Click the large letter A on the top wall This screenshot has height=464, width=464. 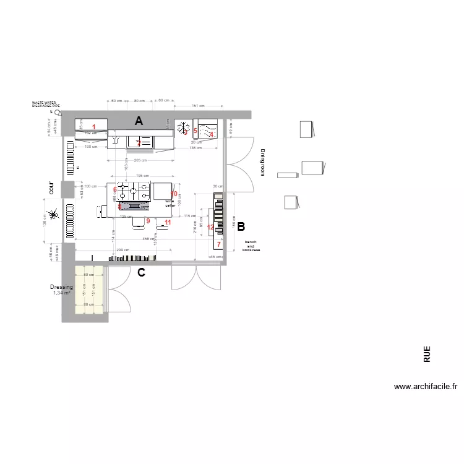tap(139, 122)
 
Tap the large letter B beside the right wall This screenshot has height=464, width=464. tap(241, 226)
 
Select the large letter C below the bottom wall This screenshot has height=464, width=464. tap(141, 272)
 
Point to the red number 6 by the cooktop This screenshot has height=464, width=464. tap(115, 190)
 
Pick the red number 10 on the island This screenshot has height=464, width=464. tap(174, 194)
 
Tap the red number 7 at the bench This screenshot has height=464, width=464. tap(218, 244)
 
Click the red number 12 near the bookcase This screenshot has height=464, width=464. tap(210, 228)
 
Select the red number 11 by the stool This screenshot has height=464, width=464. tap(168, 221)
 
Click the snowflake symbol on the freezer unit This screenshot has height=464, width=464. tap(183, 129)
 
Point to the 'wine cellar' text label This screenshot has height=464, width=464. tap(170, 203)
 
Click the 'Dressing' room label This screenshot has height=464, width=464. tap(61, 287)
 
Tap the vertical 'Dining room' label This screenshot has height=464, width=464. tap(262, 162)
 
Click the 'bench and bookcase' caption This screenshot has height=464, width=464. tap(251, 246)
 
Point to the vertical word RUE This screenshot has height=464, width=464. tap(427, 354)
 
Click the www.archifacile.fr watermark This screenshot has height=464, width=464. tap(426, 387)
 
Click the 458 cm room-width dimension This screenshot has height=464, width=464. tap(148, 238)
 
